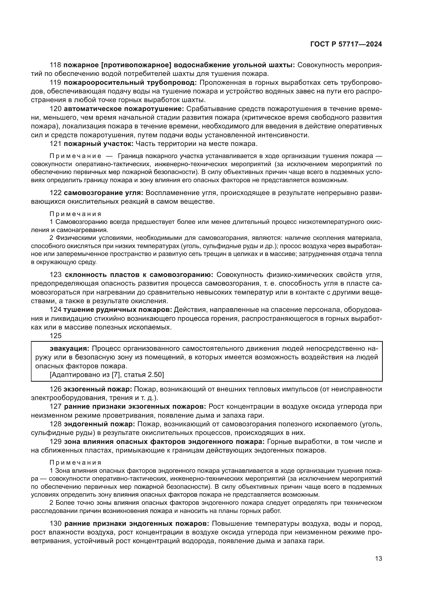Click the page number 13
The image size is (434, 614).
point(378,559)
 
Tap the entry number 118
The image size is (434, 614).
point(56,65)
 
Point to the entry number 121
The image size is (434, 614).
point(56,144)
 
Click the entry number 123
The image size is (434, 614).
point(56,275)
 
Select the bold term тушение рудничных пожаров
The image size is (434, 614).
point(118,310)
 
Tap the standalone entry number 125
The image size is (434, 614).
point(56,336)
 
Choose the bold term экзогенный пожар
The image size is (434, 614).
point(98,389)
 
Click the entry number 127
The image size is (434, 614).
point(56,406)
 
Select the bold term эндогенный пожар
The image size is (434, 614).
point(99,424)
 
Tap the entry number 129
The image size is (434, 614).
point(56,442)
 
